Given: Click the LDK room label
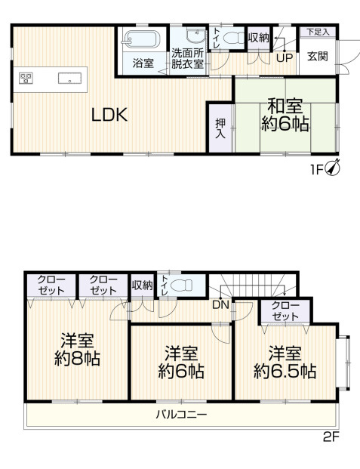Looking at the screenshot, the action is tap(109, 115).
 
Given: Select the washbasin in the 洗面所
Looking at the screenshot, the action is tap(195, 35).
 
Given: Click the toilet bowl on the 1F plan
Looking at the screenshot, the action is tap(234, 39).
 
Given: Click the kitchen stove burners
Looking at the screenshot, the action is tap(26, 79).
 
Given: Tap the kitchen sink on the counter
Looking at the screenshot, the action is tap(69, 79).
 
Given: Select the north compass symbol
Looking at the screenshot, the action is tap(333, 168).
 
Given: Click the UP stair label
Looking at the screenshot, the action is tap(284, 57).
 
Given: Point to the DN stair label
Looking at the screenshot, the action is tap(220, 305).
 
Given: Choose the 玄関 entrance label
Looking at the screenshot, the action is tap(318, 56).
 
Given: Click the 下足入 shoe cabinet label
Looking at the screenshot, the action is tap(318, 32).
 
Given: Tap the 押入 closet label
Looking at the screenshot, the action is tap(220, 128).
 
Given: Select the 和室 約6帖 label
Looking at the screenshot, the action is tap(285, 115).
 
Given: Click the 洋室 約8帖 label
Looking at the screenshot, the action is tap(77, 349).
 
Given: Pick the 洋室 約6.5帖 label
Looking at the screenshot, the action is tap(285, 363).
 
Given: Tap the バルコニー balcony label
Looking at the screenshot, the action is tap(181, 415).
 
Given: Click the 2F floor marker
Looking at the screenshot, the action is tap(331, 437).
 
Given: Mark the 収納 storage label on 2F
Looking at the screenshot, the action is tap(143, 285).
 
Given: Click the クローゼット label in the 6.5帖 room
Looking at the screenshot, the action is tap(285, 311).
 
